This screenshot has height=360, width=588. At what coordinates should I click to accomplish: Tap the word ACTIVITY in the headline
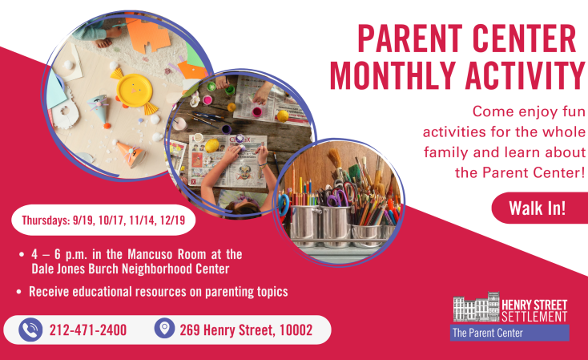(525, 75)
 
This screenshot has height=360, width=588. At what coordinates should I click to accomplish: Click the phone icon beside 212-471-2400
(30, 330)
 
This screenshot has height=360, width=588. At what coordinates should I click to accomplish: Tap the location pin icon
(164, 328)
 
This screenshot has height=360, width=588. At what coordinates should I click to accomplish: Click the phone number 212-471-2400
(88, 330)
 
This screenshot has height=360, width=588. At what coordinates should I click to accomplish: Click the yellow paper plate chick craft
(135, 91)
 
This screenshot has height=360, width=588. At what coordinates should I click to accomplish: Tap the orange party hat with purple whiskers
(131, 153)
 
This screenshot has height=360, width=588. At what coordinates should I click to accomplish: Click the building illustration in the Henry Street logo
(477, 307)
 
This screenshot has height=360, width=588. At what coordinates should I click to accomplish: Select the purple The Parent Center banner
(509, 333)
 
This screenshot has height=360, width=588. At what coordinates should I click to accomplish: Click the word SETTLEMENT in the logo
(534, 317)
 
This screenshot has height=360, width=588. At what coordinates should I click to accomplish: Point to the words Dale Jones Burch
(75, 269)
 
